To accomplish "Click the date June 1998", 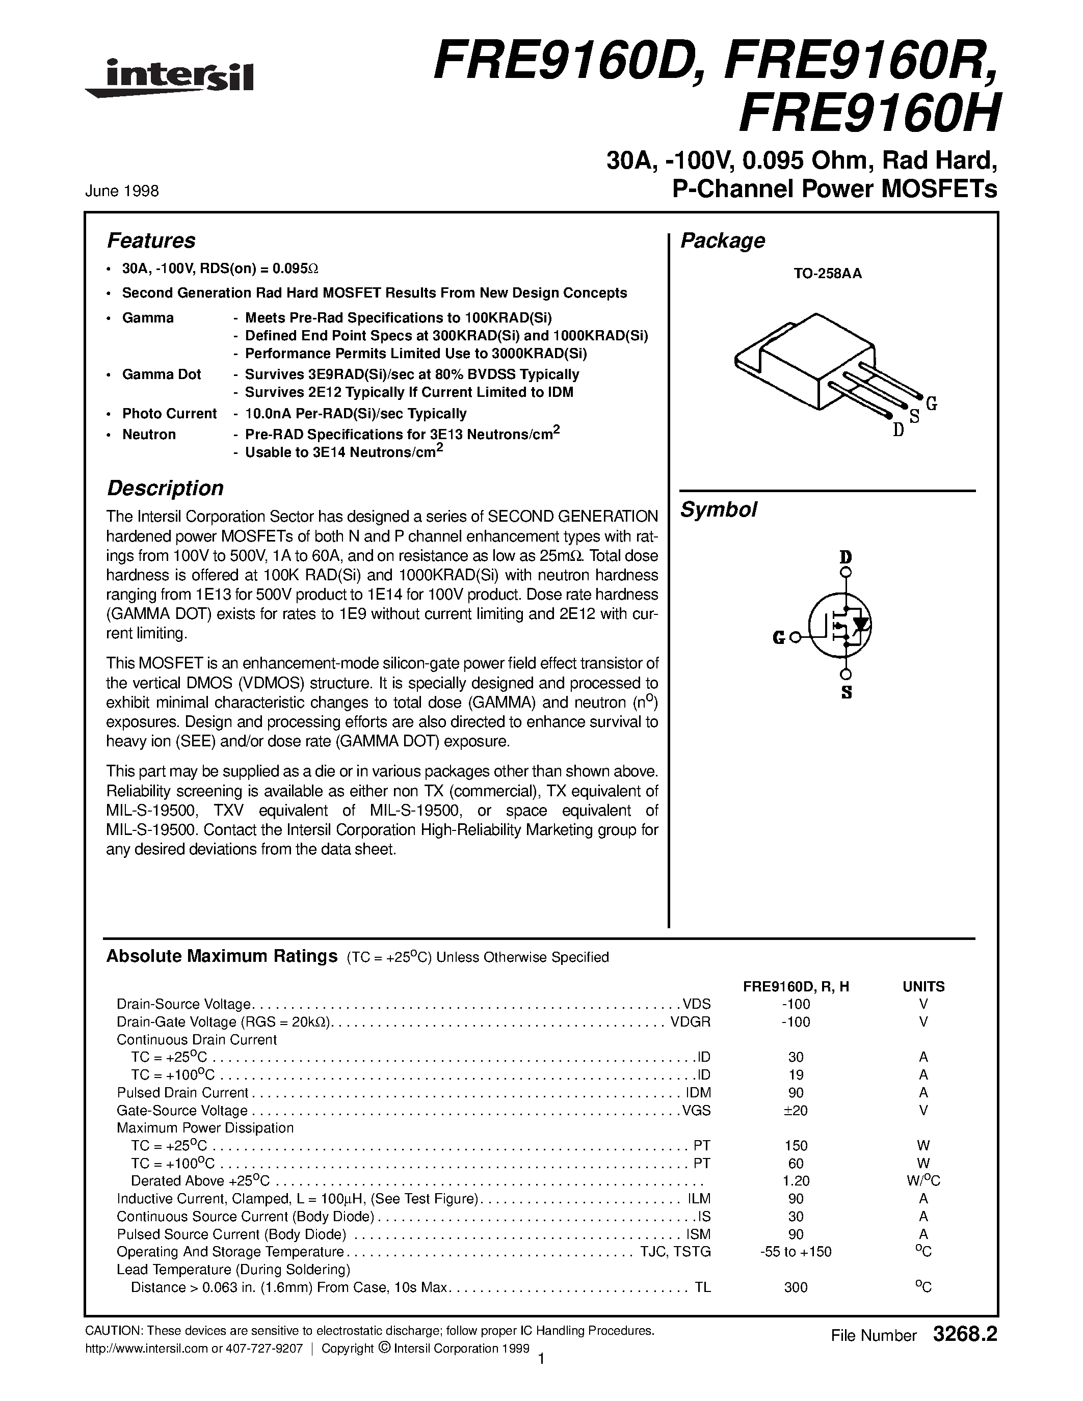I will [x=122, y=191].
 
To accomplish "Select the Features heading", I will [x=151, y=240].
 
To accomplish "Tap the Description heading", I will [x=165, y=488].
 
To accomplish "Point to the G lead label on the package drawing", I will [x=932, y=403].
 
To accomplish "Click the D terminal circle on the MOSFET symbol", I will [x=846, y=573].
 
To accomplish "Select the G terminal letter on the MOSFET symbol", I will [x=778, y=638].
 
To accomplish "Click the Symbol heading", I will [x=718, y=510].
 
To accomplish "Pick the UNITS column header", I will [x=923, y=987].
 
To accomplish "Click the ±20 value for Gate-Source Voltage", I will [x=795, y=1111].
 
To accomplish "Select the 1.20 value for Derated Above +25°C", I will [x=796, y=1181].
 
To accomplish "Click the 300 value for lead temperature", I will [x=796, y=1287].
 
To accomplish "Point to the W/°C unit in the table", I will [x=923, y=1181].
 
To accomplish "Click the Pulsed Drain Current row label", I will [x=182, y=1092].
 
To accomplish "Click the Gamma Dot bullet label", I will [x=162, y=374].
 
